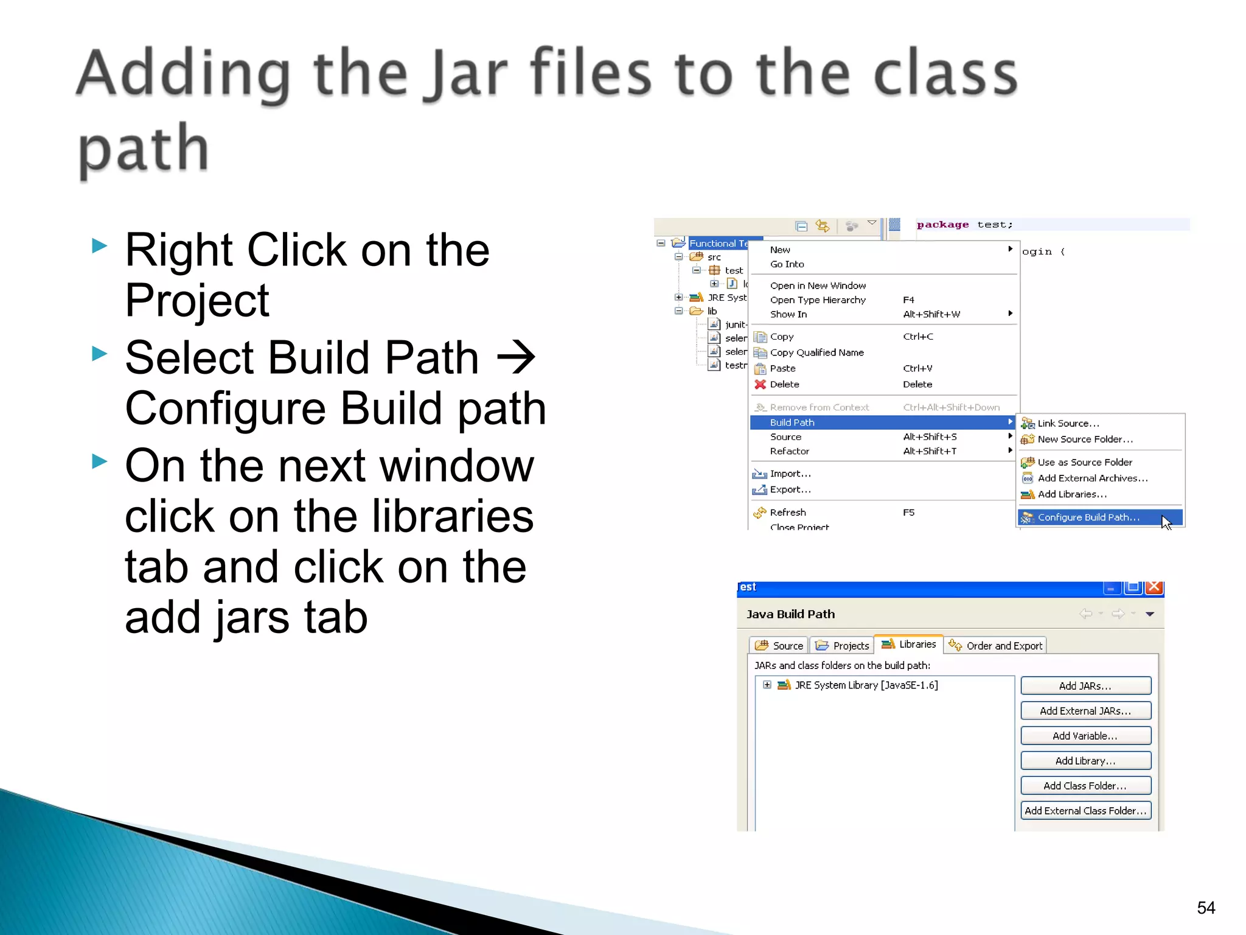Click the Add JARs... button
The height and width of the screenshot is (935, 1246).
coord(1085,685)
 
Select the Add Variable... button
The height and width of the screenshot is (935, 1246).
coord(1085,735)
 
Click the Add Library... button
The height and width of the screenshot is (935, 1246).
coord(1085,760)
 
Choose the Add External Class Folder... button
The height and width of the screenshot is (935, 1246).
coord(1085,810)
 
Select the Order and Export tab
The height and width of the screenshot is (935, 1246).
coord(997,645)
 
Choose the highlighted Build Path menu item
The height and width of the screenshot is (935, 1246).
coord(792,422)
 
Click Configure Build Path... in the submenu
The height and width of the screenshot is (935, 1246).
coord(1088,517)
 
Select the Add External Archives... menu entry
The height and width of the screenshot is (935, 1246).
coord(1092,478)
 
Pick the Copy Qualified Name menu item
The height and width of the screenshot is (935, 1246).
coord(816,352)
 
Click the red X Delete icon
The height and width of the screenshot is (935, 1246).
coord(760,384)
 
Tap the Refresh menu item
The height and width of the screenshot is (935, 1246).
coord(787,512)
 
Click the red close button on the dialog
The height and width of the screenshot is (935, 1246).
coord(1154,587)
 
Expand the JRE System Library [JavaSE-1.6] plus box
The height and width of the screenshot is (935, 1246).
coord(767,685)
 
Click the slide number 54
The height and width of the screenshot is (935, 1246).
coord(1205,908)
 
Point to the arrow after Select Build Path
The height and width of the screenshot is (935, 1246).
coord(516,358)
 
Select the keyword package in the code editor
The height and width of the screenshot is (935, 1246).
coord(942,225)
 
